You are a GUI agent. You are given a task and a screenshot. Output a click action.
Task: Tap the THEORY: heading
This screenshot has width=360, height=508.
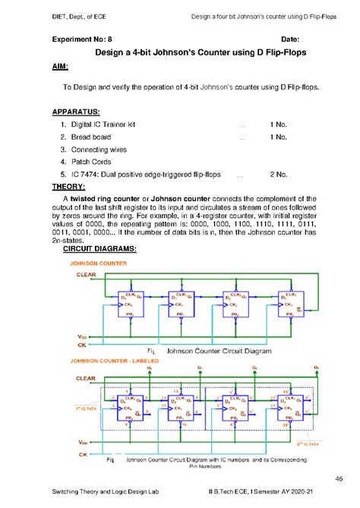click(68, 186)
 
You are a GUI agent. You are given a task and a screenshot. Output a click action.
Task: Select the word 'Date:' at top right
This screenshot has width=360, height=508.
click(290, 39)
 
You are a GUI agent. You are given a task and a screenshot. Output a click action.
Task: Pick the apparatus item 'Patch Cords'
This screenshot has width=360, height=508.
click(92, 162)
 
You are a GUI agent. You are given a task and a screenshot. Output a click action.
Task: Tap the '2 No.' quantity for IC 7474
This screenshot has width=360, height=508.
click(276, 175)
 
